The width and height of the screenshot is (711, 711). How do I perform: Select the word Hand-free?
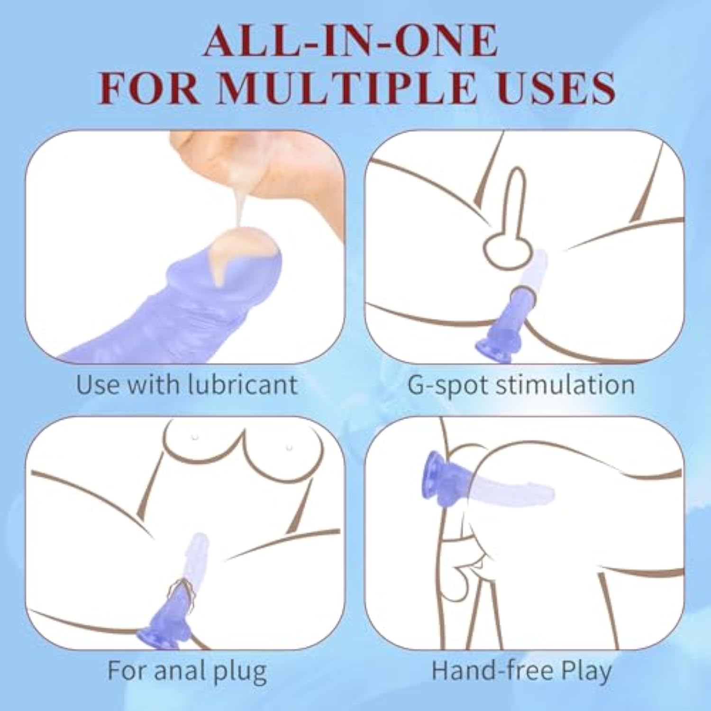coord(492,670)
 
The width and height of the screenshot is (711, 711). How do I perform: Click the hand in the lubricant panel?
coord(265,171)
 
